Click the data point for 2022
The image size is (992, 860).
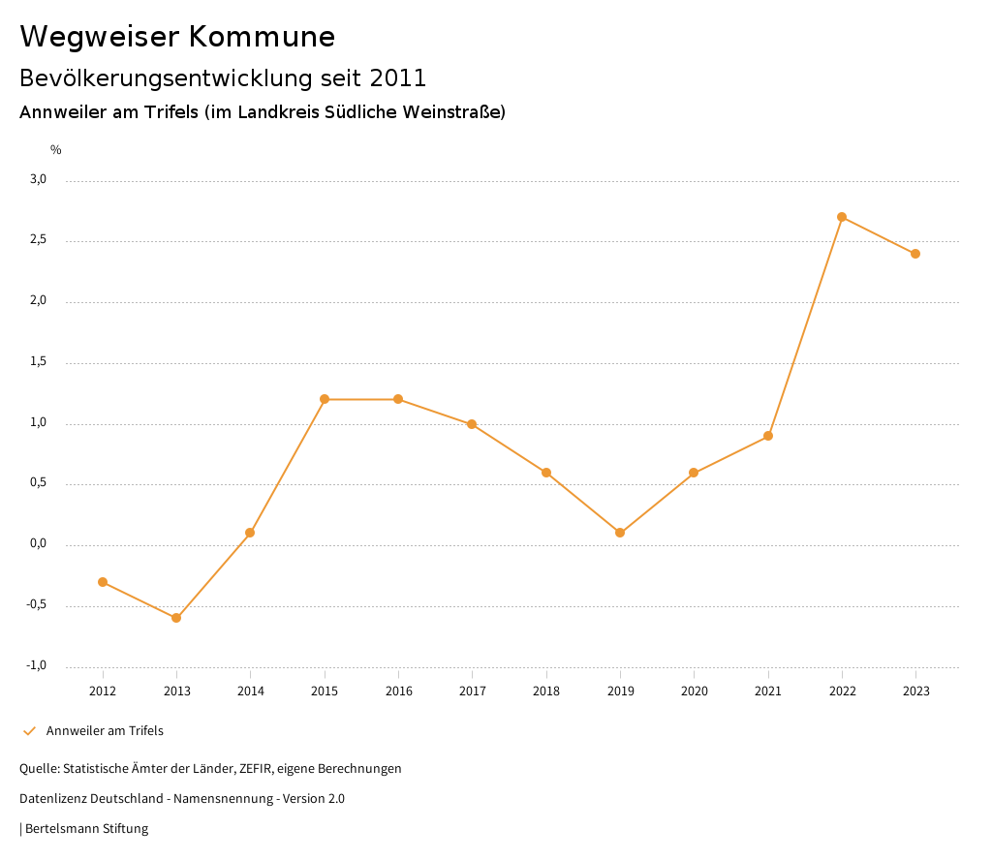pyautogui.click(x=842, y=217)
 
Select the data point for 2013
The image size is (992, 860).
pyautogui.click(x=176, y=618)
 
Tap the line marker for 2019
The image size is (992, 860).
pyautogui.click(x=620, y=533)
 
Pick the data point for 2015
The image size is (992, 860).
pyautogui.click(x=325, y=399)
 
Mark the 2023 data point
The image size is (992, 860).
pyautogui.click(x=915, y=254)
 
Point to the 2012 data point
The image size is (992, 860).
pyautogui.click(x=103, y=582)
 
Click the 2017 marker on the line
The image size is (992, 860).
pyautogui.click(x=472, y=424)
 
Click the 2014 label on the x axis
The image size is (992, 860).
pyautogui.click(x=251, y=691)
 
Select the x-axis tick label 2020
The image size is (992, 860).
pyautogui.click(x=695, y=691)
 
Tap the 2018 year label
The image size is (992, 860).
pyautogui.click(x=546, y=691)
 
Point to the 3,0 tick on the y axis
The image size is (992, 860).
pyautogui.click(x=39, y=179)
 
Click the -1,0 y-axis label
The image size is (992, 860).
pyautogui.click(x=37, y=665)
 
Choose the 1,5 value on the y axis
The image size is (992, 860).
pyautogui.click(x=39, y=361)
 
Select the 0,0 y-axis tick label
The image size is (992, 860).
pyautogui.click(x=39, y=543)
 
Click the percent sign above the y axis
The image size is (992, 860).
pyautogui.click(x=56, y=150)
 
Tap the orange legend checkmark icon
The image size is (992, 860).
pyautogui.click(x=29, y=731)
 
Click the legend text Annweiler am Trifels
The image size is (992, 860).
pyautogui.click(x=105, y=731)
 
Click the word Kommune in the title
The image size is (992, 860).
pyautogui.click(x=262, y=37)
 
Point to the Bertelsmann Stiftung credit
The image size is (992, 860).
pyautogui.click(x=86, y=829)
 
